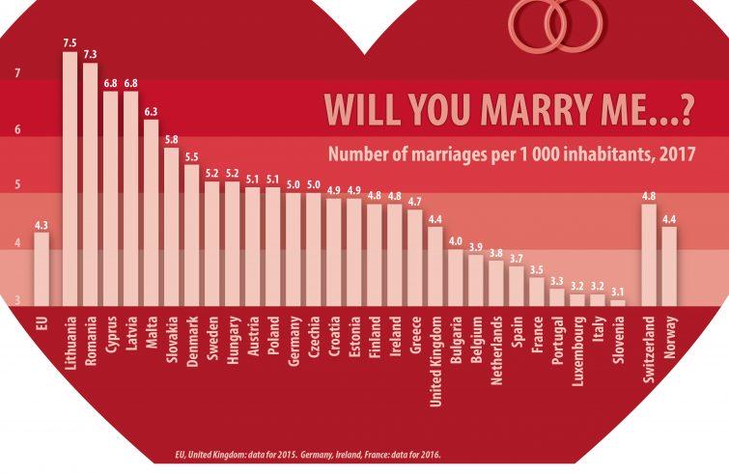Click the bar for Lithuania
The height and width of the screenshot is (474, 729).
(70, 179)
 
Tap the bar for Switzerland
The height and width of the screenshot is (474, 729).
(649, 255)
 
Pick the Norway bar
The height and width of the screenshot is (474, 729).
(669, 265)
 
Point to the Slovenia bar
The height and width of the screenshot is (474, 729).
(618, 302)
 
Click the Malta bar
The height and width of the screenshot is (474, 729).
(151, 212)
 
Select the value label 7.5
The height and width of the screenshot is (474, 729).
(70, 42)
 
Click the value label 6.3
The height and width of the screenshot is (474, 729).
(151, 111)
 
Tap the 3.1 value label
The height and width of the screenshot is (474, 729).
(618, 291)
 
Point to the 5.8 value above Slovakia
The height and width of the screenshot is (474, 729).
(171, 139)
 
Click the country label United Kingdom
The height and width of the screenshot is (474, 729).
(435, 355)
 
